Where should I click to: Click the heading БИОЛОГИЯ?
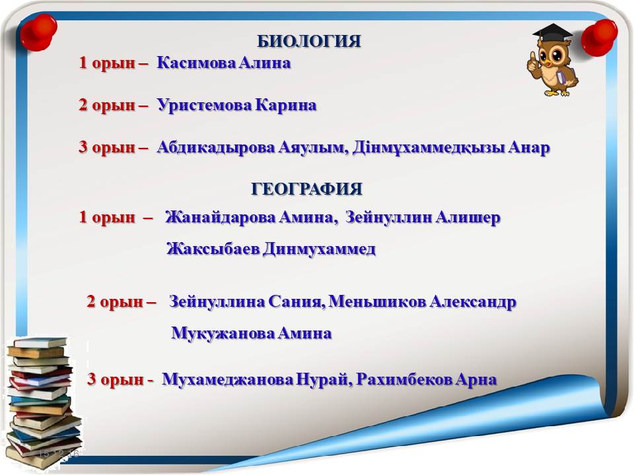tap(309, 41)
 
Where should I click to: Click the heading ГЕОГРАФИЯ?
tap(306, 189)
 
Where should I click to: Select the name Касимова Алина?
tap(224, 63)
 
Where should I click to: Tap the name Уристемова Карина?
tap(236, 105)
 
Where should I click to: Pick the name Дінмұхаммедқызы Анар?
tap(451, 148)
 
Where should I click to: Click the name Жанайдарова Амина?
tap(250, 218)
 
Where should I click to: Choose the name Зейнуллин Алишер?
tap(423, 218)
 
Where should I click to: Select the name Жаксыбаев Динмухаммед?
tap(271, 249)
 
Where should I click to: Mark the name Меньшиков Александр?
tap(422, 301)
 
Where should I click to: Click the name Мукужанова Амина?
tap(252, 333)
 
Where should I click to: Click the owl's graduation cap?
tap(552, 32)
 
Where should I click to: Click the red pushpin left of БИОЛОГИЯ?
tap(38, 32)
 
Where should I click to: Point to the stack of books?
tap(42, 402)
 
